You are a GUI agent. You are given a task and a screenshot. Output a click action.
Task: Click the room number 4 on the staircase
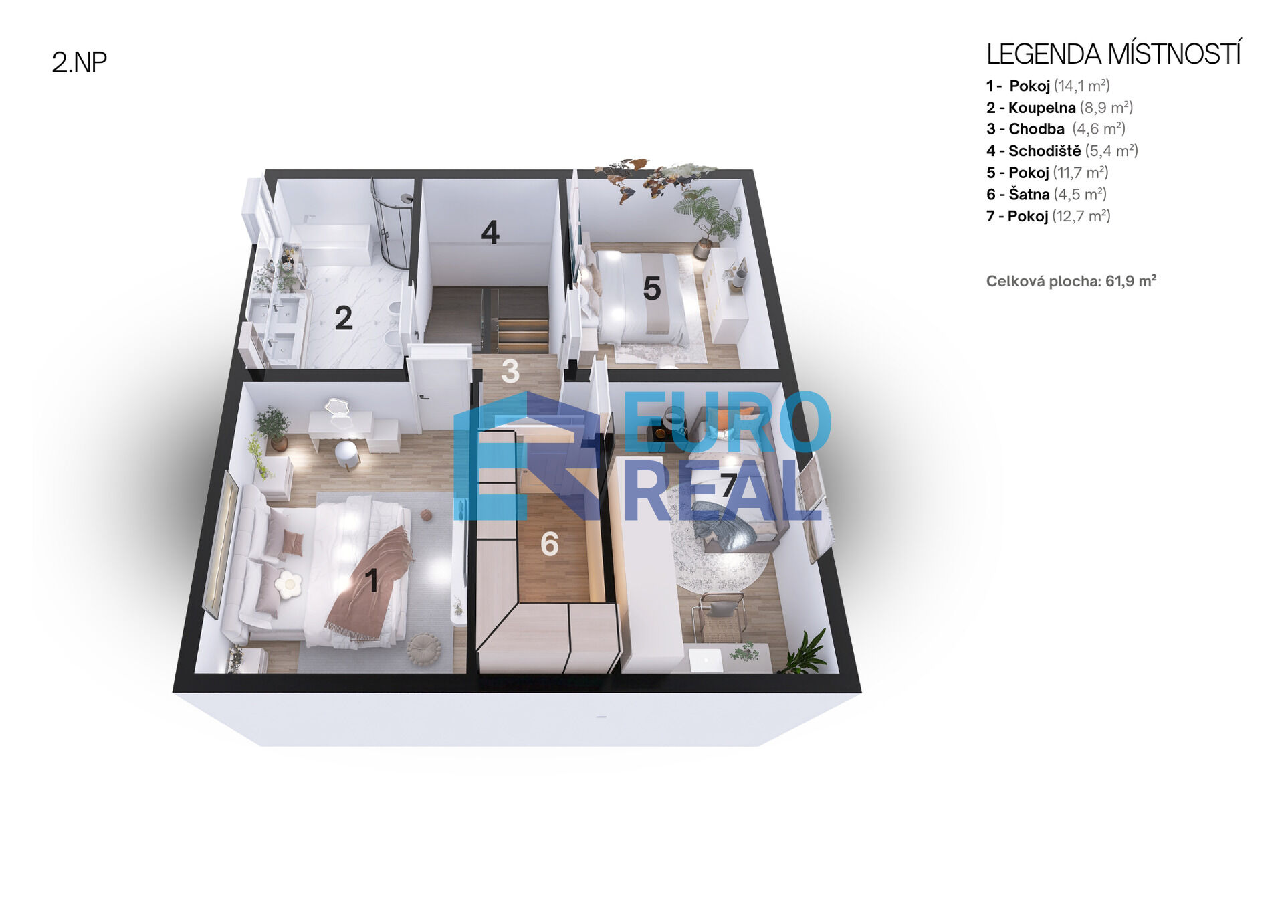[x=490, y=232]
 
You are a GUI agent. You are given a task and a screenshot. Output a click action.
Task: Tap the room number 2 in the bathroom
[x=344, y=318]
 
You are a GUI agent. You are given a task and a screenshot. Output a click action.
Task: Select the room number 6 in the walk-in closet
[x=550, y=544]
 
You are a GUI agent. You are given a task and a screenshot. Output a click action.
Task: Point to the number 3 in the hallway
[x=510, y=371]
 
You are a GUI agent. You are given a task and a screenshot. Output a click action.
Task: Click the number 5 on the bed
[x=652, y=288]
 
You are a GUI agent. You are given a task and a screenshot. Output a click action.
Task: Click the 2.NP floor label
[x=79, y=62]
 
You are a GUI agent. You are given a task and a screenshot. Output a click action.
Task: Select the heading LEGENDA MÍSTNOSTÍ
[x=1113, y=54]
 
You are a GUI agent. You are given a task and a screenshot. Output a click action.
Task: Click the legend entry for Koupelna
[x=1059, y=108]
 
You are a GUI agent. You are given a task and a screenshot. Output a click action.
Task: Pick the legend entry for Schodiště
[x=1062, y=151]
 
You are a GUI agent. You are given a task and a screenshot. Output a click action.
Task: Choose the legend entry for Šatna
[x=1047, y=194]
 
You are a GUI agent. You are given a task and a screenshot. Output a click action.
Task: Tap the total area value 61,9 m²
[x=1131, y=281]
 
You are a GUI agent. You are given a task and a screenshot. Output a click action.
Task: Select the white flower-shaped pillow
[x=288, y=584]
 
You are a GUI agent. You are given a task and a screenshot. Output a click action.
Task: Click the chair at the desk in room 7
[x=720, y=616]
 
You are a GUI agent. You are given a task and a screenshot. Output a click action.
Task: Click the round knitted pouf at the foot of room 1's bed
[x=424, y=648]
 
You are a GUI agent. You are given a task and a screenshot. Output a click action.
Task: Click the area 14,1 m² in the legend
[x=1081, y=86]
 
